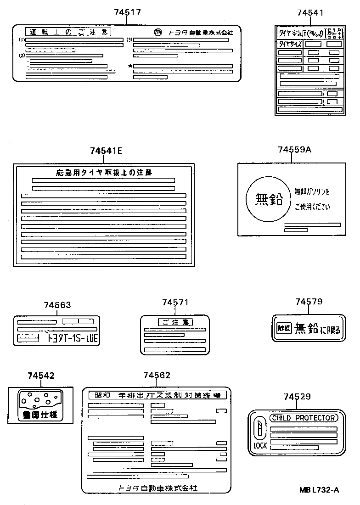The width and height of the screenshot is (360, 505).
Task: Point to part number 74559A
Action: point(294,150)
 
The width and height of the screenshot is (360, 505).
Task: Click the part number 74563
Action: point(57,305)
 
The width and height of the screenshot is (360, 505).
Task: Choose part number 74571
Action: point(175,303)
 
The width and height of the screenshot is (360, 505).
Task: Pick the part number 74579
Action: point(309,302)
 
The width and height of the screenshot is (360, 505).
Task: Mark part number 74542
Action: point(41,376)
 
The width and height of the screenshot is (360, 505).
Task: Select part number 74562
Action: point(157,376)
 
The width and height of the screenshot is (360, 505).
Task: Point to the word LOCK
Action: point(259,446)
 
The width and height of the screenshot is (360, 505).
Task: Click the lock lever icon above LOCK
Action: point(260,429)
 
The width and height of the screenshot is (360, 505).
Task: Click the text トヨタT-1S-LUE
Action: point(73,339)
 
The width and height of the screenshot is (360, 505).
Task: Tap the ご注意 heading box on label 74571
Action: point(175,322)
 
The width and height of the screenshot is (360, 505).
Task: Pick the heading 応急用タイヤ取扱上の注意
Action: point(103,173)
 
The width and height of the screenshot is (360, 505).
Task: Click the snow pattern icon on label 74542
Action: point(39,400)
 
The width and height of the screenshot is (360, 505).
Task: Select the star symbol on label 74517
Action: point(130,66)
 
